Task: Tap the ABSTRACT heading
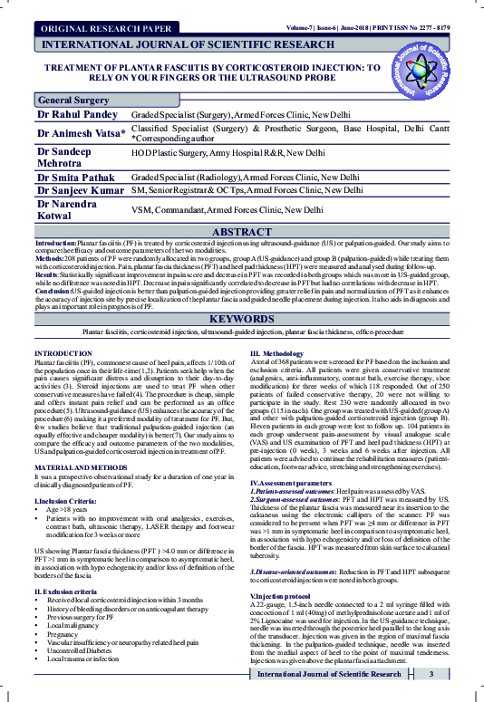[x=241, y=233]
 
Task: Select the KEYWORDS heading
[x=241, y=320]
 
